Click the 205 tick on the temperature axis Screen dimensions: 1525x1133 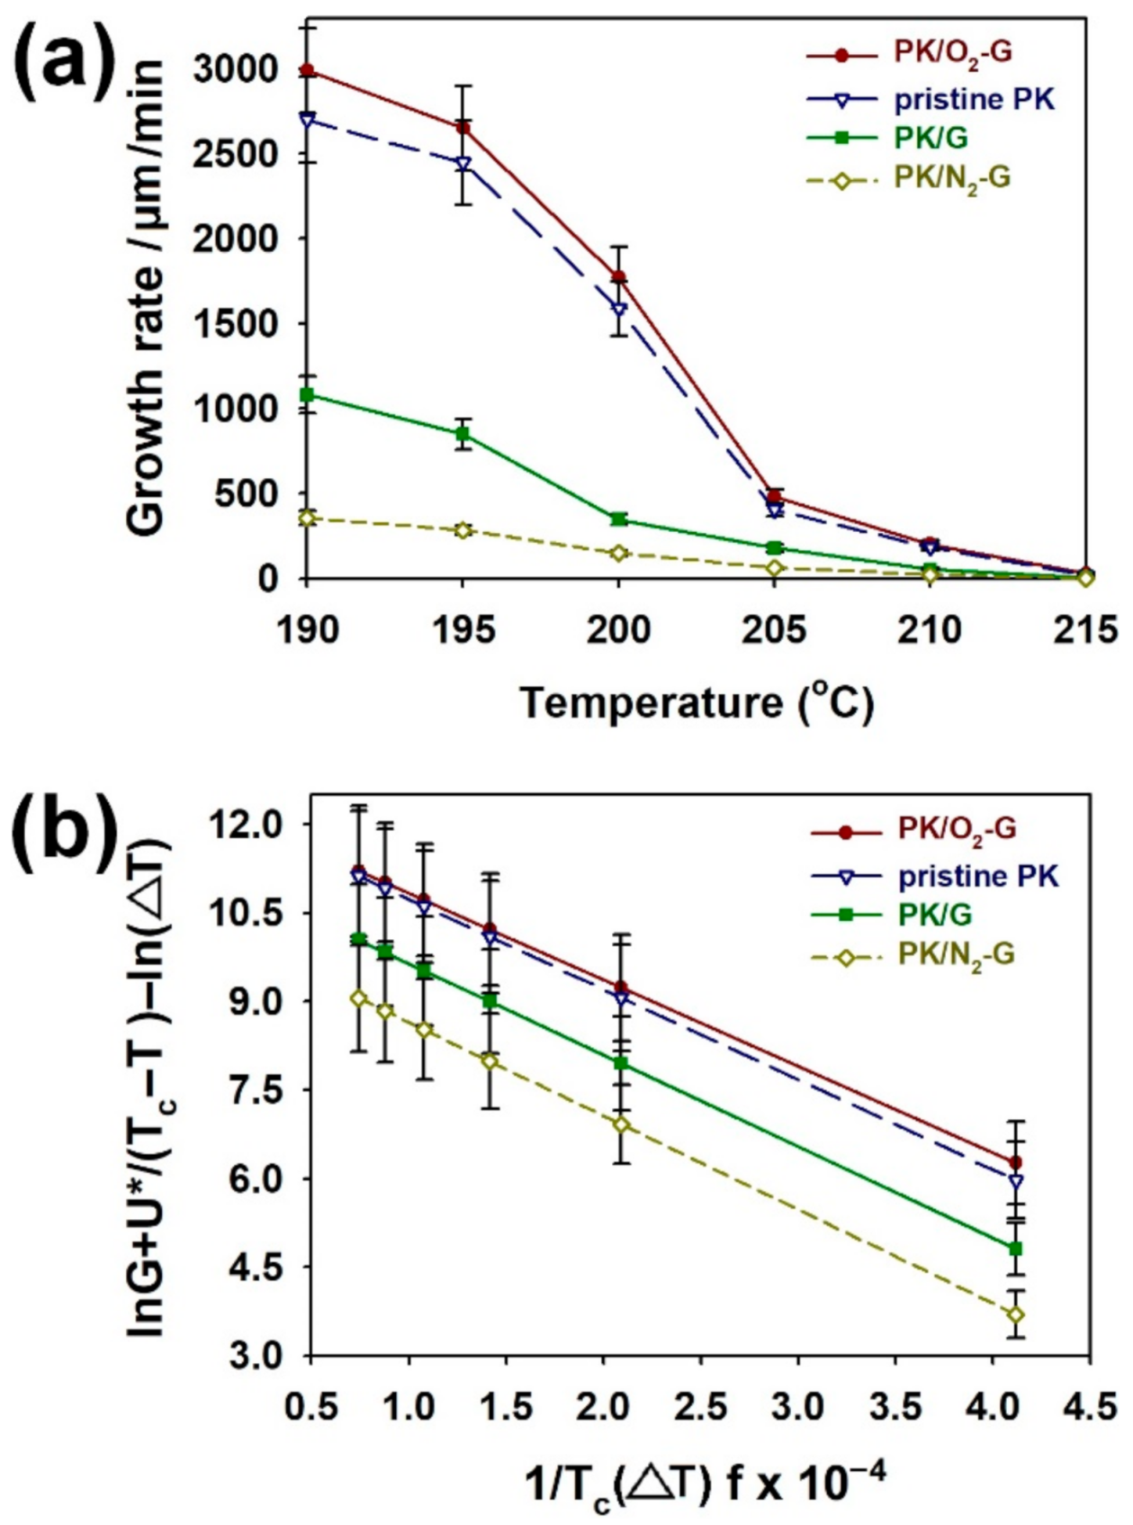[x=774, y=629]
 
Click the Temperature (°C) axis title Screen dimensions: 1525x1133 [x=697, y=703]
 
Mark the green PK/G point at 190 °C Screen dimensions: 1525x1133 [x=308, y=394]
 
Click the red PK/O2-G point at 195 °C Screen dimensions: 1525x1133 [x=463, y=127]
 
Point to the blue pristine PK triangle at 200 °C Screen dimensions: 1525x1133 [x=619, y=310]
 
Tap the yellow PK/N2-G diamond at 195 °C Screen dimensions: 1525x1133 [x=463, y=530]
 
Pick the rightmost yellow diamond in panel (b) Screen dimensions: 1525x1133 [x=1016, y=1315]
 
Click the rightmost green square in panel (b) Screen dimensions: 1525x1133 [x=1016, y=1249]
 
